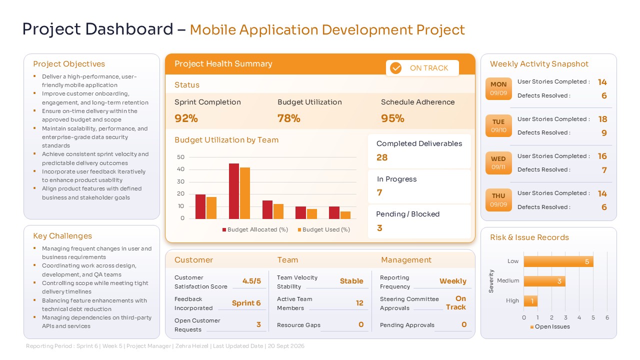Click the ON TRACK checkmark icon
coord(396,68)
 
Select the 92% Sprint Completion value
coord(186,118)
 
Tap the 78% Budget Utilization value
coord(289,118)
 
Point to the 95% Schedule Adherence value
coord(392,118)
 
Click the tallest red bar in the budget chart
coord(233,191)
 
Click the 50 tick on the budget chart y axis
coord(180,157)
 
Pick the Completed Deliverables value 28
coord(382,157)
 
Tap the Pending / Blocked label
coord(407,214)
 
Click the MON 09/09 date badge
coord(498,88)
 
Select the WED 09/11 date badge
coord(498,163)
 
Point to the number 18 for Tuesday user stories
coord(602,119)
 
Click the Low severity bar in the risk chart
coord(558,261)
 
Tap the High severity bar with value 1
coord(530,301)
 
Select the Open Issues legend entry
coord(549,326)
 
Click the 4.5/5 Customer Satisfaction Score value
coord(251,281)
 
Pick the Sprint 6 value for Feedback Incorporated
coord(246,303)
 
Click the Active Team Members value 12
coord(359,303)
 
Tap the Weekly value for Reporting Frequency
coord(452,281)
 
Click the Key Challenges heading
coord(62,236)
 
